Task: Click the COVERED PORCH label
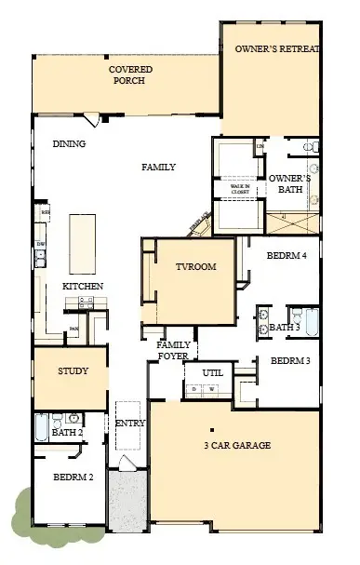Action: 131,74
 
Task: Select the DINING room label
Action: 69,144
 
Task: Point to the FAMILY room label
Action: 158,168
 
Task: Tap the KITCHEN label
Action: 83,286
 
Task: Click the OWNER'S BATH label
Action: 286,183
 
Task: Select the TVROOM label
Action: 195,267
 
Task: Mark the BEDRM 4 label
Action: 287,254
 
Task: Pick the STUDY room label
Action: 73,371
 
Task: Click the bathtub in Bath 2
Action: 41,427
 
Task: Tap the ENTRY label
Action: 129,424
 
